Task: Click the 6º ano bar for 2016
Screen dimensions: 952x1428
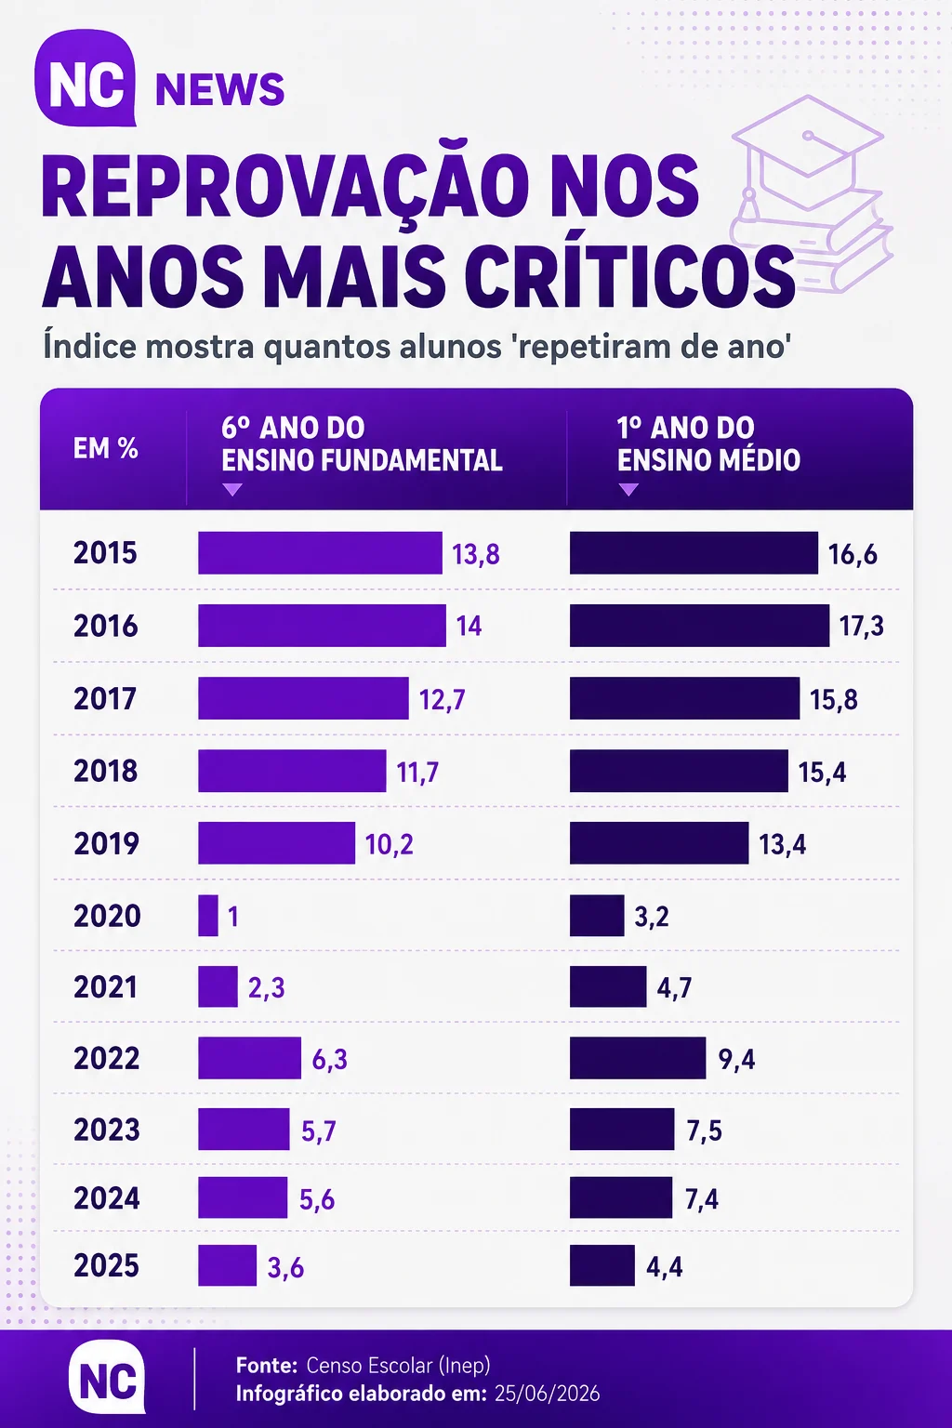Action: click(x=322, y=626)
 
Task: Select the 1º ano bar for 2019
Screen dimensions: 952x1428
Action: click(x=659, y=843)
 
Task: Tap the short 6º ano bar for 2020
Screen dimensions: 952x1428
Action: click(x=208, y=916)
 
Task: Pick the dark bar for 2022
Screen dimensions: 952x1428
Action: click(x=638, y=1058)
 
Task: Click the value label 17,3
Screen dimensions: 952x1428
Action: click(x=862, y=626)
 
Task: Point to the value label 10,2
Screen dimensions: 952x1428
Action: click(x=389, y=844)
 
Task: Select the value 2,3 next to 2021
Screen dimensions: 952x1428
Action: click(x=267, y=987)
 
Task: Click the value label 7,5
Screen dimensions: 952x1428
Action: click(x=704, y=1130)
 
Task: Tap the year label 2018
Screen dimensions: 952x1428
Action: click(x=106, y=771)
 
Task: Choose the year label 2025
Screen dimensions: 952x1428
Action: click(x=106, y=1265)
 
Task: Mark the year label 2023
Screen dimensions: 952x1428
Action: click(x=107, y=1130)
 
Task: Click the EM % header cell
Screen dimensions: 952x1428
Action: click(x=106, y=449)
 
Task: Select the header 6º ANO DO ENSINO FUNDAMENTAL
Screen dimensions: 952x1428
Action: click(x=362, y=443)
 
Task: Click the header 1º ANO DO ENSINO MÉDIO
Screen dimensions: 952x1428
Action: click(x=708, y=443)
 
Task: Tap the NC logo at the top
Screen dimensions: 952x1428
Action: click(x=86, y=78)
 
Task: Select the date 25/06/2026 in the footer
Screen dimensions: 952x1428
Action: click(x=547, y=1394)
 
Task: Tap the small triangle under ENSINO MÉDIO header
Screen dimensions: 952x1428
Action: click(x=628, y=490)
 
